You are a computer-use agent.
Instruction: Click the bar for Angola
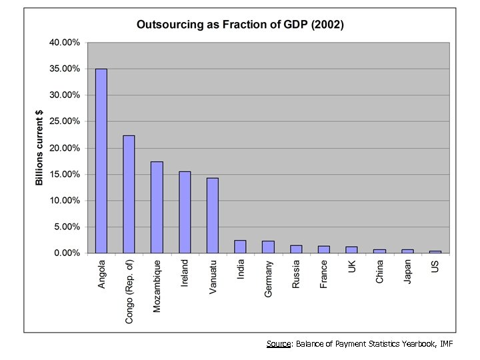click(101, 161)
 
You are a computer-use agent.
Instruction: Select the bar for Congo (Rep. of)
click(129, 194)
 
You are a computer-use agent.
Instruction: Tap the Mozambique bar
click(157, 207)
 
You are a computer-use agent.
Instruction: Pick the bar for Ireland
click(185, 212)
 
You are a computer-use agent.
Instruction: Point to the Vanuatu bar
click(213, 215)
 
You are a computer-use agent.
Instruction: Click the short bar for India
click(240, 247)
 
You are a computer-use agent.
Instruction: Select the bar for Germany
click(268, 247)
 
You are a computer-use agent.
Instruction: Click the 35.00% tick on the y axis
click(64, 69)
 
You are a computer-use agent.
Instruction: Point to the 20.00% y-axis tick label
click(64, 148)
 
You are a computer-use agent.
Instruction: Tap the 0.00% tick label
click(66, 253)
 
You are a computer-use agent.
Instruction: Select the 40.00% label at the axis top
click(64, 43)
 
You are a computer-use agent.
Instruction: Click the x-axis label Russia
click(296, 274)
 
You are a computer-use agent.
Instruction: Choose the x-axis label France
click(324, 274)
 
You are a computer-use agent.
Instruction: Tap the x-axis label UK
click(351, 266)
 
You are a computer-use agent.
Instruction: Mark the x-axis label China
click(379, 272)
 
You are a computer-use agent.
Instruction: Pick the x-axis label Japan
click(407, 273)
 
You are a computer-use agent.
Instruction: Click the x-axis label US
click(435, 266)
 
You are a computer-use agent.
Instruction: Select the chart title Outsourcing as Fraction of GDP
click(240, 25)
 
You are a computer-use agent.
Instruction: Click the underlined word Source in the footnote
click(278, 344)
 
